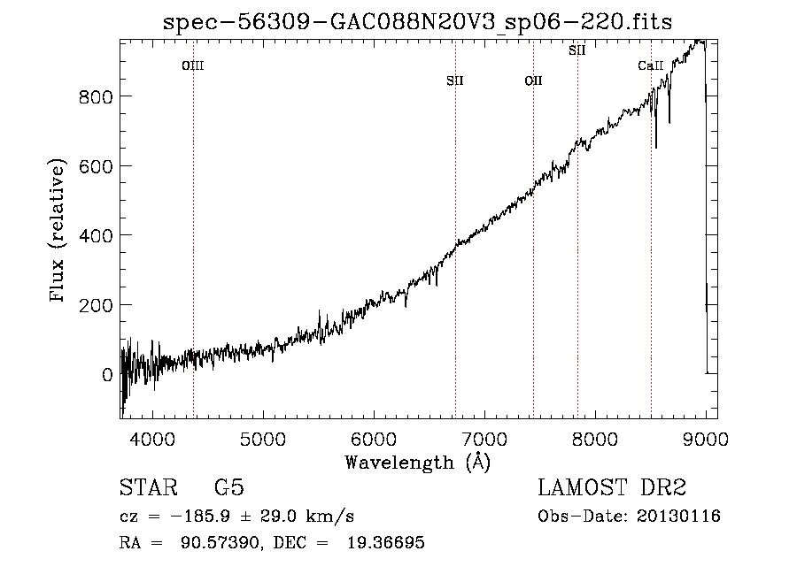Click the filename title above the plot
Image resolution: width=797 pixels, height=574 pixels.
(418, 22)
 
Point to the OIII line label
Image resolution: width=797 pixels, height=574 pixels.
(193, 65)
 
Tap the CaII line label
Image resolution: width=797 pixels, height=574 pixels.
(651, 65)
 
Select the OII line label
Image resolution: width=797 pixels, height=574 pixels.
(534, 80)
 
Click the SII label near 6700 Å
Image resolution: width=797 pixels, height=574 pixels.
(455, 80)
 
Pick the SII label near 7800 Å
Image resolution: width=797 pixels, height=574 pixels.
(577, 50)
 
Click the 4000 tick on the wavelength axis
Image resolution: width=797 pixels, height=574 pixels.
(152, 440)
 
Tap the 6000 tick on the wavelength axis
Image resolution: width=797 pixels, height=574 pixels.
(374, 440)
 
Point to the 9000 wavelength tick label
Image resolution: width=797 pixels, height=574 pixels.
(706, 440)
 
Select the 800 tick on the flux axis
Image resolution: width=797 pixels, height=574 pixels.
(96, 96)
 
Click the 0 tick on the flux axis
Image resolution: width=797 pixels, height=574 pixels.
(107, 375)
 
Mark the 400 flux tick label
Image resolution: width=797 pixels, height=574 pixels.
(96, 236)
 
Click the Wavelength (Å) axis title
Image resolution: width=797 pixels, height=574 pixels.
(418, 463)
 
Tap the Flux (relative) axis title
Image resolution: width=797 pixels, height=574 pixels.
(58, 231)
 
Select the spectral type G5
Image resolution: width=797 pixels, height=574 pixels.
(229, 487)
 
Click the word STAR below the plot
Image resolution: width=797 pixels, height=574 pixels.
(149, 487)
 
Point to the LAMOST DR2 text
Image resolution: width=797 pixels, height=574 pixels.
(612, 487)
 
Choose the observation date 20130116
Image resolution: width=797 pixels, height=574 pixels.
(678, 517)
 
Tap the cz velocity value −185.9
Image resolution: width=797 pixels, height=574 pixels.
(200, 517)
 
